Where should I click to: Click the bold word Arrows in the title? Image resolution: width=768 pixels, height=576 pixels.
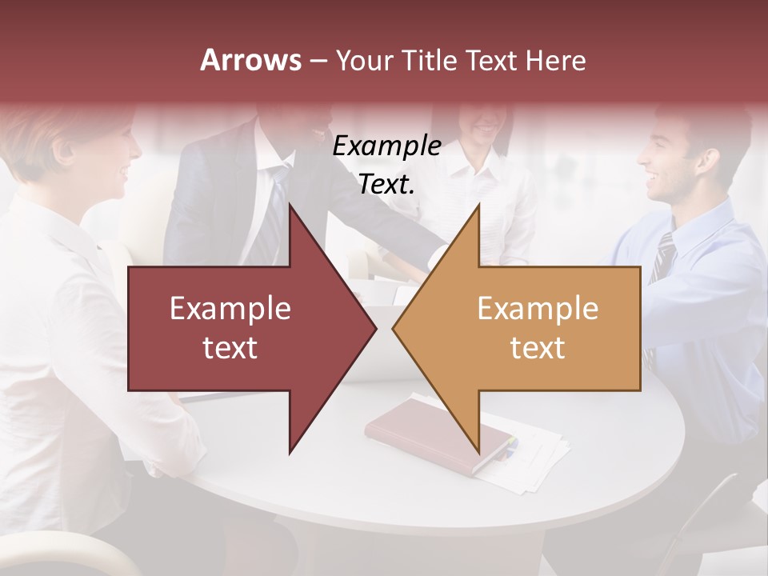tap(250, 60)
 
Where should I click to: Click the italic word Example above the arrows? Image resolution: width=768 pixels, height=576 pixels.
tap(387, 146)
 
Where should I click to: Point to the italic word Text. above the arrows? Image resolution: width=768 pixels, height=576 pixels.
tap(387, 185)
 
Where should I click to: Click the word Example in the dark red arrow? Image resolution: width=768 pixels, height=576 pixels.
tap(230, 309)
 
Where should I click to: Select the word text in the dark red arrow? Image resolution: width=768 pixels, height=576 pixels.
tap(230, 347)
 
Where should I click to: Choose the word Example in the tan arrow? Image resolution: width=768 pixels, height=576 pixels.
tap(538, 309)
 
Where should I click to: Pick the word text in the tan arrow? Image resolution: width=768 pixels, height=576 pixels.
tap(538, 347)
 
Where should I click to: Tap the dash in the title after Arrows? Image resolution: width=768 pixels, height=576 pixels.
tap(318, 61)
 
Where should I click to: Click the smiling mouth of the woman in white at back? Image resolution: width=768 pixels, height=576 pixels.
tap(485, 126)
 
